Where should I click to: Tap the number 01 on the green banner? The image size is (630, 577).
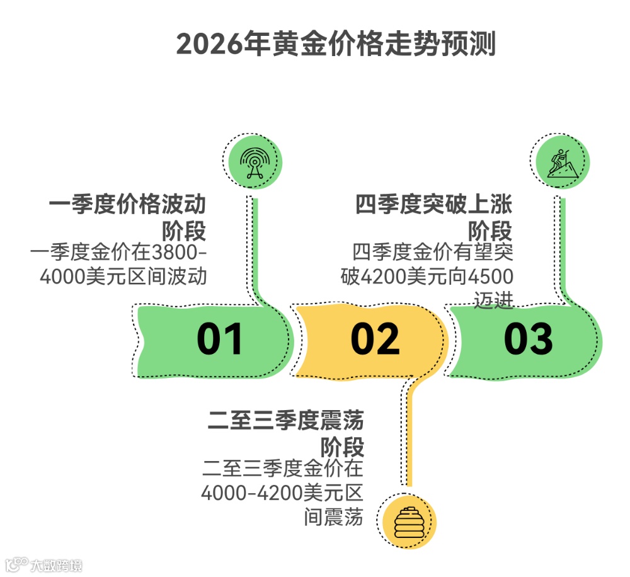[219, 340]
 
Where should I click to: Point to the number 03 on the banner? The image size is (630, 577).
[528, 340]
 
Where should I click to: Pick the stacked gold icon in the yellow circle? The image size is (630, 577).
[409, 521]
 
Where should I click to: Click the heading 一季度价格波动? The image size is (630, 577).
[128, 205]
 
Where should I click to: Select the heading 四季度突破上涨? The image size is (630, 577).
[433, 205]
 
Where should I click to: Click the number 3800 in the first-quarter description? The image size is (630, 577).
[175, 253]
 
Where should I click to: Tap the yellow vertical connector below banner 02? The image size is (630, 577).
[408, 435]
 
